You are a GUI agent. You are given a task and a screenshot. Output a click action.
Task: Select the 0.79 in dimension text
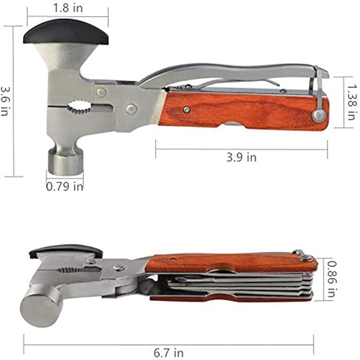tap(64, 186)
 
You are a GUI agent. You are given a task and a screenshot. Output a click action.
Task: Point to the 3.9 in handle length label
tap(241, 157)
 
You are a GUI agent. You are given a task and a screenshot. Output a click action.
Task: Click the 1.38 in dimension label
tap(350, 101)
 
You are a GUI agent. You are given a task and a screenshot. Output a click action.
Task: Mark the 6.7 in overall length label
tap(168, 352)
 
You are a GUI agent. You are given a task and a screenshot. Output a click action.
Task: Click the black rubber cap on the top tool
tap(66, 33)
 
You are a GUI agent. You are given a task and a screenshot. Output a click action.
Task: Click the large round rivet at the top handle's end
tap(318, 116)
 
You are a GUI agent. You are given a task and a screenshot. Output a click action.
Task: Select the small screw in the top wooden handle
tap(186, 109)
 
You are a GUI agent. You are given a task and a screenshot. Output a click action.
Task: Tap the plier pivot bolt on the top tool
tap(131, 109)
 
